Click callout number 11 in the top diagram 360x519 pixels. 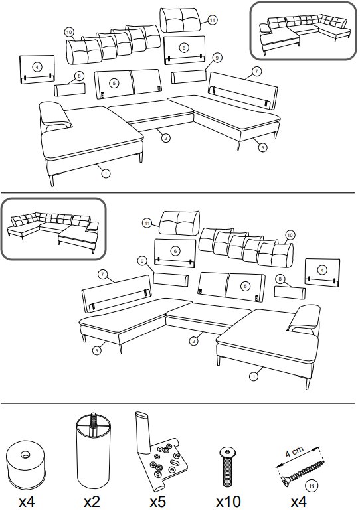212,20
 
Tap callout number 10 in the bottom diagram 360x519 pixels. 290,236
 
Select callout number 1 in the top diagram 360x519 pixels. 106,173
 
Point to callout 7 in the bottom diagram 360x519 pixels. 103,275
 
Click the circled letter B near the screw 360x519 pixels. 312,486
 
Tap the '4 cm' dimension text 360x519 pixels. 294,452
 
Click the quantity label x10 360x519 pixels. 228,502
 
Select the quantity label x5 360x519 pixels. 157,502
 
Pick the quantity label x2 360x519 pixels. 92,502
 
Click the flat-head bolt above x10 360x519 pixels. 227,467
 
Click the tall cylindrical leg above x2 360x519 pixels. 94,451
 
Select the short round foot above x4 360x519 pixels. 25,466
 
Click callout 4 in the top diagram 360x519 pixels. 37,67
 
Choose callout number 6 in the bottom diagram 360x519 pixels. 175,252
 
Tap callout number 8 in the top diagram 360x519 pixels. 79,76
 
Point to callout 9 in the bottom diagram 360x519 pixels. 142,261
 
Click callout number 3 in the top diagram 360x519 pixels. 262,147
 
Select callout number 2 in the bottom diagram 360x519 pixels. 193,342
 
